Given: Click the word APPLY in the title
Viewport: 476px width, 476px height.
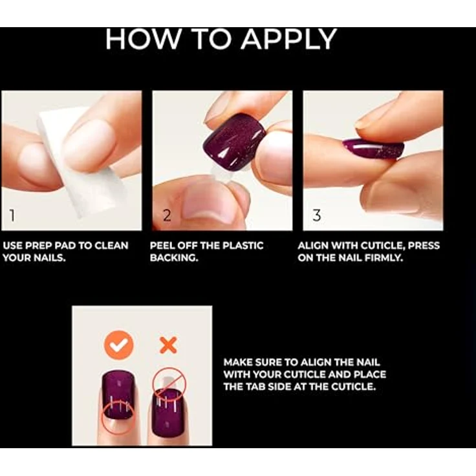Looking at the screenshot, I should [x=289, y=40].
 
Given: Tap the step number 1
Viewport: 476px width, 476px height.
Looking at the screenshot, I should [x=12, y=216].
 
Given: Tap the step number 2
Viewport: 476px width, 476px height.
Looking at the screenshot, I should [x=167, y=216].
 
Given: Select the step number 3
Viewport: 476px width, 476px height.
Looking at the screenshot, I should [x=317, y=216].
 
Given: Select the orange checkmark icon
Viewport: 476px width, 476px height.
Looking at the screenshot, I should [x=118, y=345].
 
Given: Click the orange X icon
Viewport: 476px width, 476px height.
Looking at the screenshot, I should [x=168, y=345].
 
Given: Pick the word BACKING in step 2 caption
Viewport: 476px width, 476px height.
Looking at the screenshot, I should [x=173, y=258].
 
